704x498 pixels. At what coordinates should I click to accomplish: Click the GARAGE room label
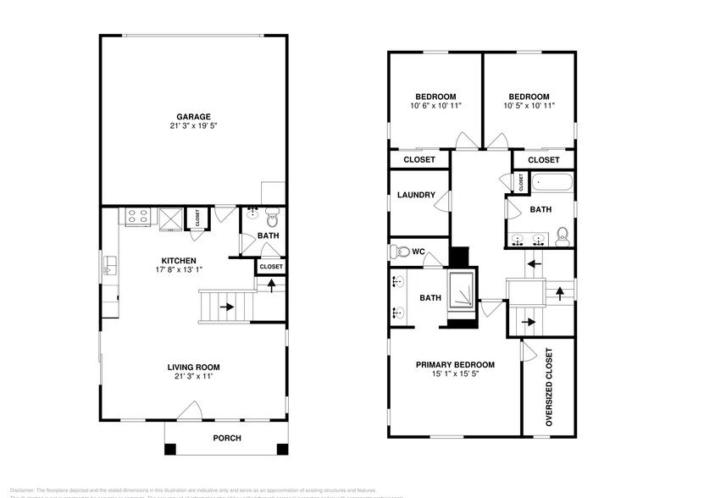click(x=193, y=117)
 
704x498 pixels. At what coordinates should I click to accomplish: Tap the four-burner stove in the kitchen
click(x=137, y=217)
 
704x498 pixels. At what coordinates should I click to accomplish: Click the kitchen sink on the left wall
click(x=109, y=269)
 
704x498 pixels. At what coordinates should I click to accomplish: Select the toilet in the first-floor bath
click(x=272, y=215)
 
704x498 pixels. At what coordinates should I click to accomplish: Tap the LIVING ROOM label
click(x=192, y=367)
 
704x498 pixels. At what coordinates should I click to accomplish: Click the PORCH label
click(x=227, y=438)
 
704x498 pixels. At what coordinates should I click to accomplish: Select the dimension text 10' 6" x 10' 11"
click(x=435, y=107)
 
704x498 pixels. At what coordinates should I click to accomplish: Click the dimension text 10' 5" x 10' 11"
click(x=529, y=107)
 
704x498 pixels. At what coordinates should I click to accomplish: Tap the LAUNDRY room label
click(x=416, y=196)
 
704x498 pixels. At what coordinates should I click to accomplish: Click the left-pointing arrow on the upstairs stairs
click(x=534, y=263)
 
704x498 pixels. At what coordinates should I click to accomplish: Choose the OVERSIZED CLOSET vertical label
click(x=548, y=386)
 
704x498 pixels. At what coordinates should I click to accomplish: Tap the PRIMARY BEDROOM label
click(x=455, y=365)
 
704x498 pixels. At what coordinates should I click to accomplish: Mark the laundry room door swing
click(x=443, y=200)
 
